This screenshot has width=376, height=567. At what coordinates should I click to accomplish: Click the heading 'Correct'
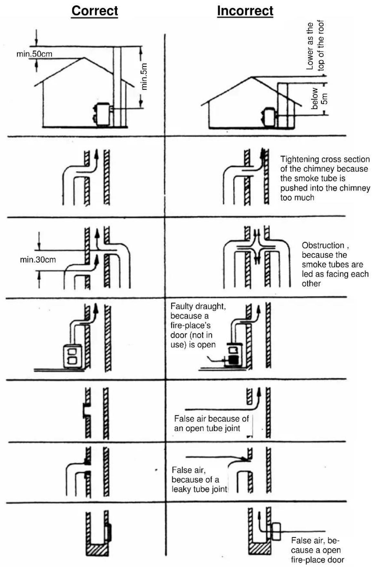[x=95, y=11]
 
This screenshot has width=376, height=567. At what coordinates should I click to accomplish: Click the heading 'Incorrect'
[x=245, y=11]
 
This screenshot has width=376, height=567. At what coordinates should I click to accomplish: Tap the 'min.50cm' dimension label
[x=34, y=54]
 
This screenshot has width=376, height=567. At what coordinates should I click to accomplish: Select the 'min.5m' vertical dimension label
[x=144, y=76]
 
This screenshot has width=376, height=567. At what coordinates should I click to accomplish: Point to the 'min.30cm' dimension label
[x=38, y=259]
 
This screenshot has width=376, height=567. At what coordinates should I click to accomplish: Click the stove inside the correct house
[x=103, y=114]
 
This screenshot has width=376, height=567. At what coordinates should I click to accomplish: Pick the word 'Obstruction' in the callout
[x=323, y=245]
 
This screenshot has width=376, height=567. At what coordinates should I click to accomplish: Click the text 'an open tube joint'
[x=207, y=428]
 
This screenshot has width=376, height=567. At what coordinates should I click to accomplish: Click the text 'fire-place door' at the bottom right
[x=318, y=560]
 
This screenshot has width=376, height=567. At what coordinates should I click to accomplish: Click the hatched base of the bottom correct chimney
[x=97, y=550]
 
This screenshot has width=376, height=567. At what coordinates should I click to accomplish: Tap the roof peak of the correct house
[x=84, y=58]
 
